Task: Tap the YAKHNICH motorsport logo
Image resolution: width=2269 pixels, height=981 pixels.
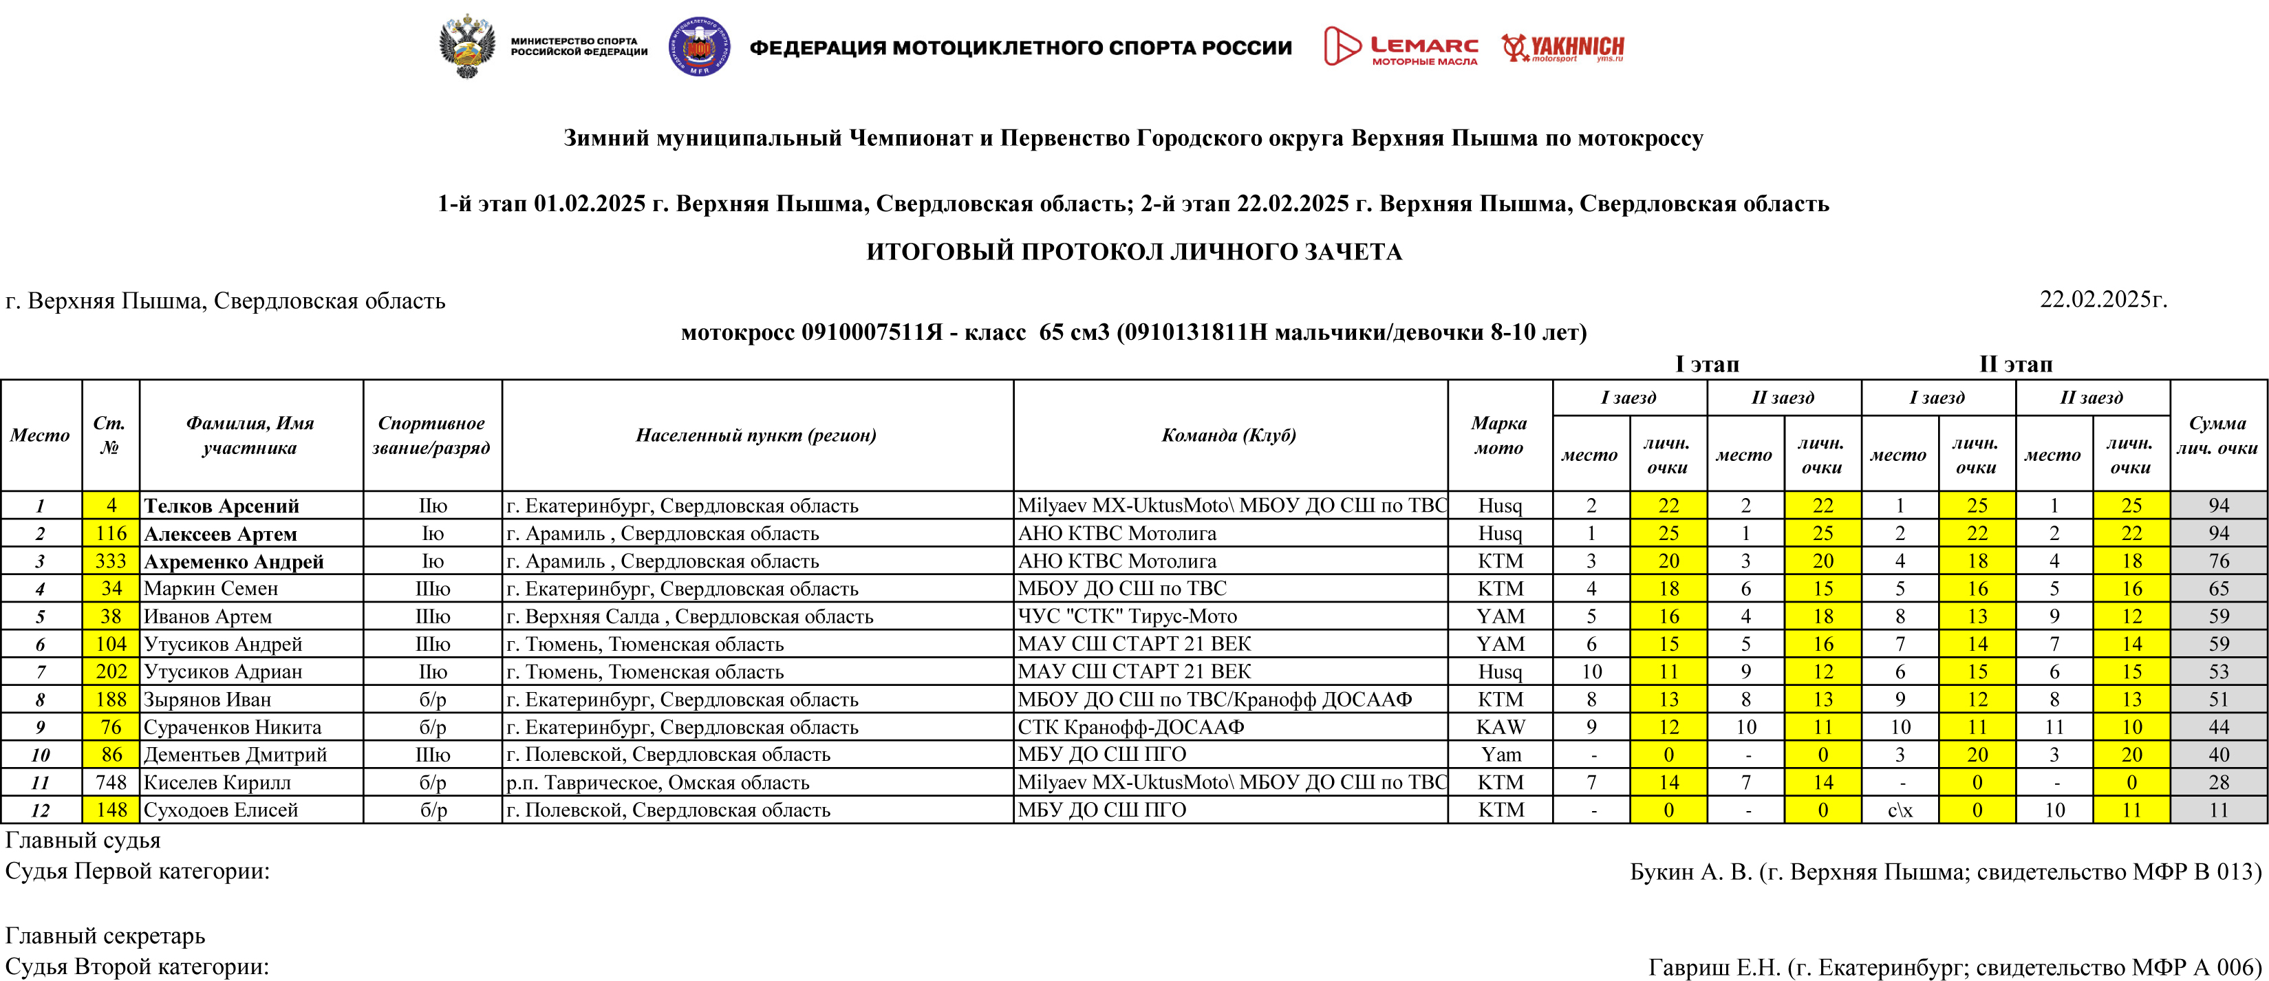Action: [1562, 47]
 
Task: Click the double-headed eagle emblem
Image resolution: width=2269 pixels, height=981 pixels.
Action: [467, 46]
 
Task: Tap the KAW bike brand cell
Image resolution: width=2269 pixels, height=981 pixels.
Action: [1499, 727]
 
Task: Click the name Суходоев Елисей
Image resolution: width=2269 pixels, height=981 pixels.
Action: [220, 810]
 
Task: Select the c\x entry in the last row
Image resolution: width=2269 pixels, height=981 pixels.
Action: [1900, 810]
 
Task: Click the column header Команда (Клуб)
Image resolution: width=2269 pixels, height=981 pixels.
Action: [1229, 435]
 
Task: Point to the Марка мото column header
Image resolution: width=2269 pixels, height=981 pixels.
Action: [1498, 435]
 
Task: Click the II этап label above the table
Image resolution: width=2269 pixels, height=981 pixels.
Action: [2015, 365]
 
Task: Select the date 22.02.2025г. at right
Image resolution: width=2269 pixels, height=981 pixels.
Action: [2103, 301]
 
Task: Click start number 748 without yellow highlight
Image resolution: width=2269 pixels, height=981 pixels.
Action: [111, 783]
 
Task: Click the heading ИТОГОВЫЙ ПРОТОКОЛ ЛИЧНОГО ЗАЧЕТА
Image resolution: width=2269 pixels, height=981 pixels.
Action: [1134, 252]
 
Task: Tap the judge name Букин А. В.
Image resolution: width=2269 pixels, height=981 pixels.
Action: [1691, 872]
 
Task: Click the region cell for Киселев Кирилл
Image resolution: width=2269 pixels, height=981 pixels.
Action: [657, 783]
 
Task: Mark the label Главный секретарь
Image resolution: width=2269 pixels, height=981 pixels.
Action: [105, 935]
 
